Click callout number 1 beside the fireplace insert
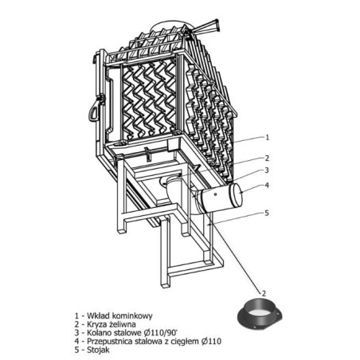(268, 137)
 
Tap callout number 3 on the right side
(267, 170)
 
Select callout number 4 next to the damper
(267, 185)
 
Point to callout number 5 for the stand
(267, 213)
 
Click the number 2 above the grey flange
(264, 293)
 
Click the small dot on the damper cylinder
(215, 194)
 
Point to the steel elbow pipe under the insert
(173, 189)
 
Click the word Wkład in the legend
(98, 315)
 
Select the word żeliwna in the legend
(123, 324)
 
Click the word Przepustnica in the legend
(109, 341)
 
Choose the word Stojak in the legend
(98, 350)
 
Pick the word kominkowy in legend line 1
(132, 316)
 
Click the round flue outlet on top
(168, 25)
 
